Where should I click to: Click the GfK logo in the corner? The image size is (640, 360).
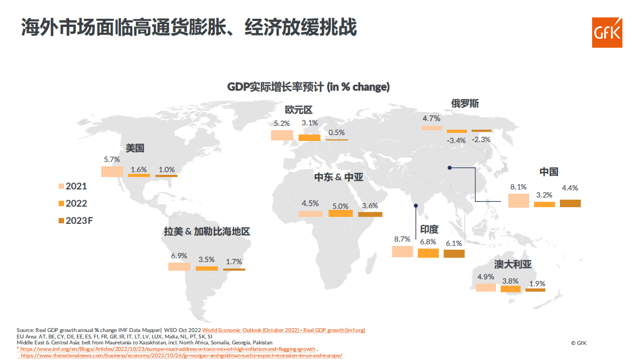pyautogui.click(x=607, y=32)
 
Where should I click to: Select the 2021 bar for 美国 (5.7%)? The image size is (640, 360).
pyautogui.click(x=112, y=171)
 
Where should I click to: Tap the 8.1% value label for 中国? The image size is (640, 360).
pyautogui.click(x=518, y=187)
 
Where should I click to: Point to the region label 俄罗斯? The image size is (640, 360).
pyautogui.click(x=465, y=103)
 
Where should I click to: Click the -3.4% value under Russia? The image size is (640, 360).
pyautogui.click(x=456, y=141)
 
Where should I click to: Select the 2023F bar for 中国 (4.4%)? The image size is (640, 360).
pyautogui.click(x=570, y=203)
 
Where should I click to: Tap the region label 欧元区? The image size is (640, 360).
pyautogui.click(x=298, y=110)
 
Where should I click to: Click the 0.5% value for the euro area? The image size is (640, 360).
pyautogui.click(x=336, y=133)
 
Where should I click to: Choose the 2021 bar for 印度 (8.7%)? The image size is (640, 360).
pyautogui.click(x=402, y=251)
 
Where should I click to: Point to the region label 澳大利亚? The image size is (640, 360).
pyautogui.click(x=513, y=265)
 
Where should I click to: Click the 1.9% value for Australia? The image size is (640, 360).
pyautogui.click(x=537, y=284)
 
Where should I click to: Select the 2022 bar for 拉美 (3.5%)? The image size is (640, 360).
pyautogui.click(x=207, y=268)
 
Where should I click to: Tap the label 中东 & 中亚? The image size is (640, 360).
pyautogui.click(x=339, y=177)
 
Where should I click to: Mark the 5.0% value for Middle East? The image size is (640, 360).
pyautogui.click(x=340, y=206)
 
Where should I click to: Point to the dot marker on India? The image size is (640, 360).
pyautogui.click(x=416, y=206)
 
